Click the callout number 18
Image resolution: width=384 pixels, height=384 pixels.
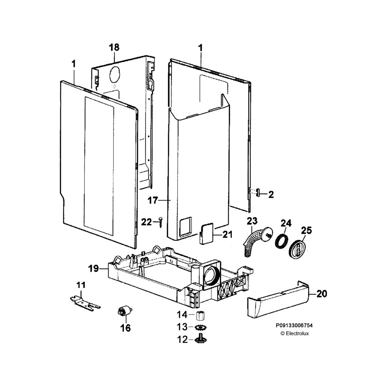coord(114,47)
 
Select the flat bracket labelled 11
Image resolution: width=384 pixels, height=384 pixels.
coord(85,302)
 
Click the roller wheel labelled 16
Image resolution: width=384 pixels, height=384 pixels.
coord(124,311)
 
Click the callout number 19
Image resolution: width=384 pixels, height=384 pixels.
coord(93,268)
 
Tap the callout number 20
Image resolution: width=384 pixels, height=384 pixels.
coord(321,294)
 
